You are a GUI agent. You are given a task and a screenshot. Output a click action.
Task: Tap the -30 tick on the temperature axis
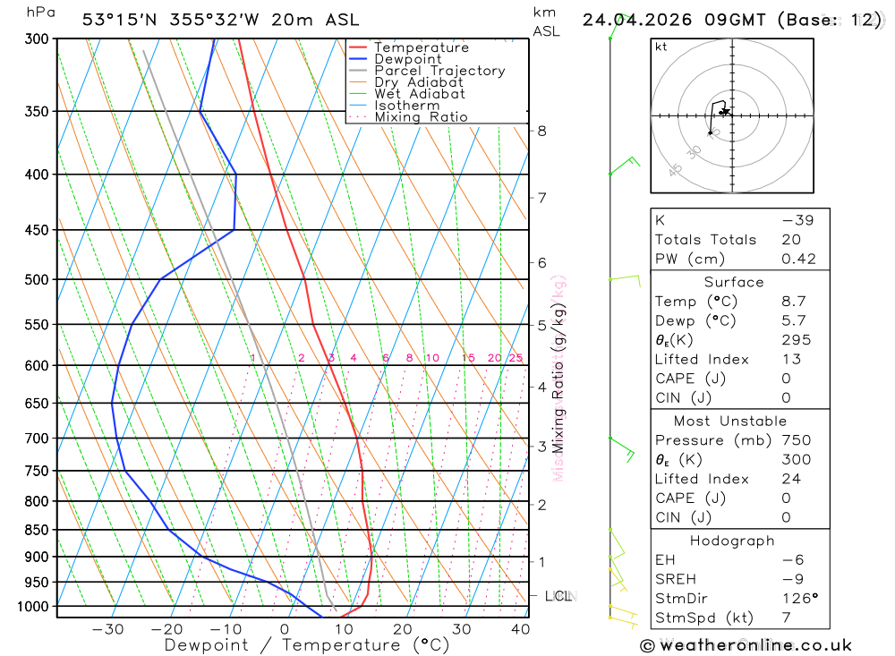107,629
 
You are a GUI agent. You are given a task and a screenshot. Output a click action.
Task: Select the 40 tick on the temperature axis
520,629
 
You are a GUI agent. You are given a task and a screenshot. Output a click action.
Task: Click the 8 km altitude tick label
541,131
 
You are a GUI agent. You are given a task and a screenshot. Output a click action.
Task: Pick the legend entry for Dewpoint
408,59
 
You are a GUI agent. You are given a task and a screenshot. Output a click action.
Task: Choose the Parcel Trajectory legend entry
439,71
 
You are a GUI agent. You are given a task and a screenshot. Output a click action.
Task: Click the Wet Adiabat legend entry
419,94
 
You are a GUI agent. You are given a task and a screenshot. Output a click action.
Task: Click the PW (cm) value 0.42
798,260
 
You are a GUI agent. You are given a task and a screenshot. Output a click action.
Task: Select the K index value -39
797,220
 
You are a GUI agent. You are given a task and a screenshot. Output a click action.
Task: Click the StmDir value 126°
797,599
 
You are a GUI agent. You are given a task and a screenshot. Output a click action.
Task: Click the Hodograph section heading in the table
733,541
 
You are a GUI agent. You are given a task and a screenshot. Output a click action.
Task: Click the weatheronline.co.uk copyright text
746,645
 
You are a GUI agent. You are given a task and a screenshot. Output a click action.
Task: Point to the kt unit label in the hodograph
661,47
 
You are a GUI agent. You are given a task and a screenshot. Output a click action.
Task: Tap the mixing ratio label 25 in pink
516,358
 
